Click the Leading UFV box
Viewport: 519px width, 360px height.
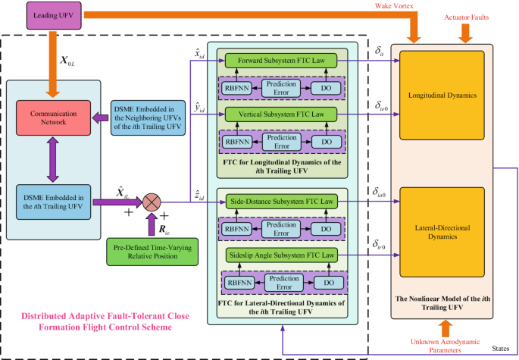[52, 14]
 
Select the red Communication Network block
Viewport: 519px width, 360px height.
[50, 118]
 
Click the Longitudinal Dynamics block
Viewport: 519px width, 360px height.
[446, 97]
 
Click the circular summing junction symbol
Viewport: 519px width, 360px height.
[153, 202]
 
